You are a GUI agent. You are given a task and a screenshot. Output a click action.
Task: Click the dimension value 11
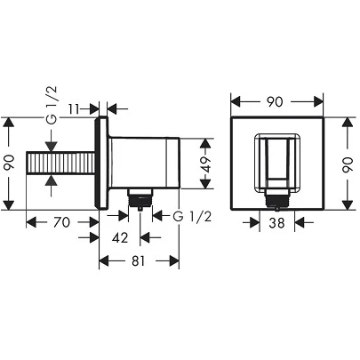75,109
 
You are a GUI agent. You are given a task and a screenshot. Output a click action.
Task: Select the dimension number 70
61,222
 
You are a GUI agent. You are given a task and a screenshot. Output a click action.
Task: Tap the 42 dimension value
120,237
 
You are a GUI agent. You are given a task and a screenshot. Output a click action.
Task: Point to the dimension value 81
139,260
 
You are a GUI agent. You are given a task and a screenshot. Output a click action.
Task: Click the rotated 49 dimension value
206,164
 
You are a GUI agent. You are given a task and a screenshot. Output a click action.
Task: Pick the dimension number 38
276,222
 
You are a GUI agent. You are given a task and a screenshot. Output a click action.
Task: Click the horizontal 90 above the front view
275,102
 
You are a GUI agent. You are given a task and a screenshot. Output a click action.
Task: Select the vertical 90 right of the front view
348,164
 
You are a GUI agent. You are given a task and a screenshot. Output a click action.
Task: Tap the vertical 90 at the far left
10,164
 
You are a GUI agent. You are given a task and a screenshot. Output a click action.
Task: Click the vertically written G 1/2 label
51,105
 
